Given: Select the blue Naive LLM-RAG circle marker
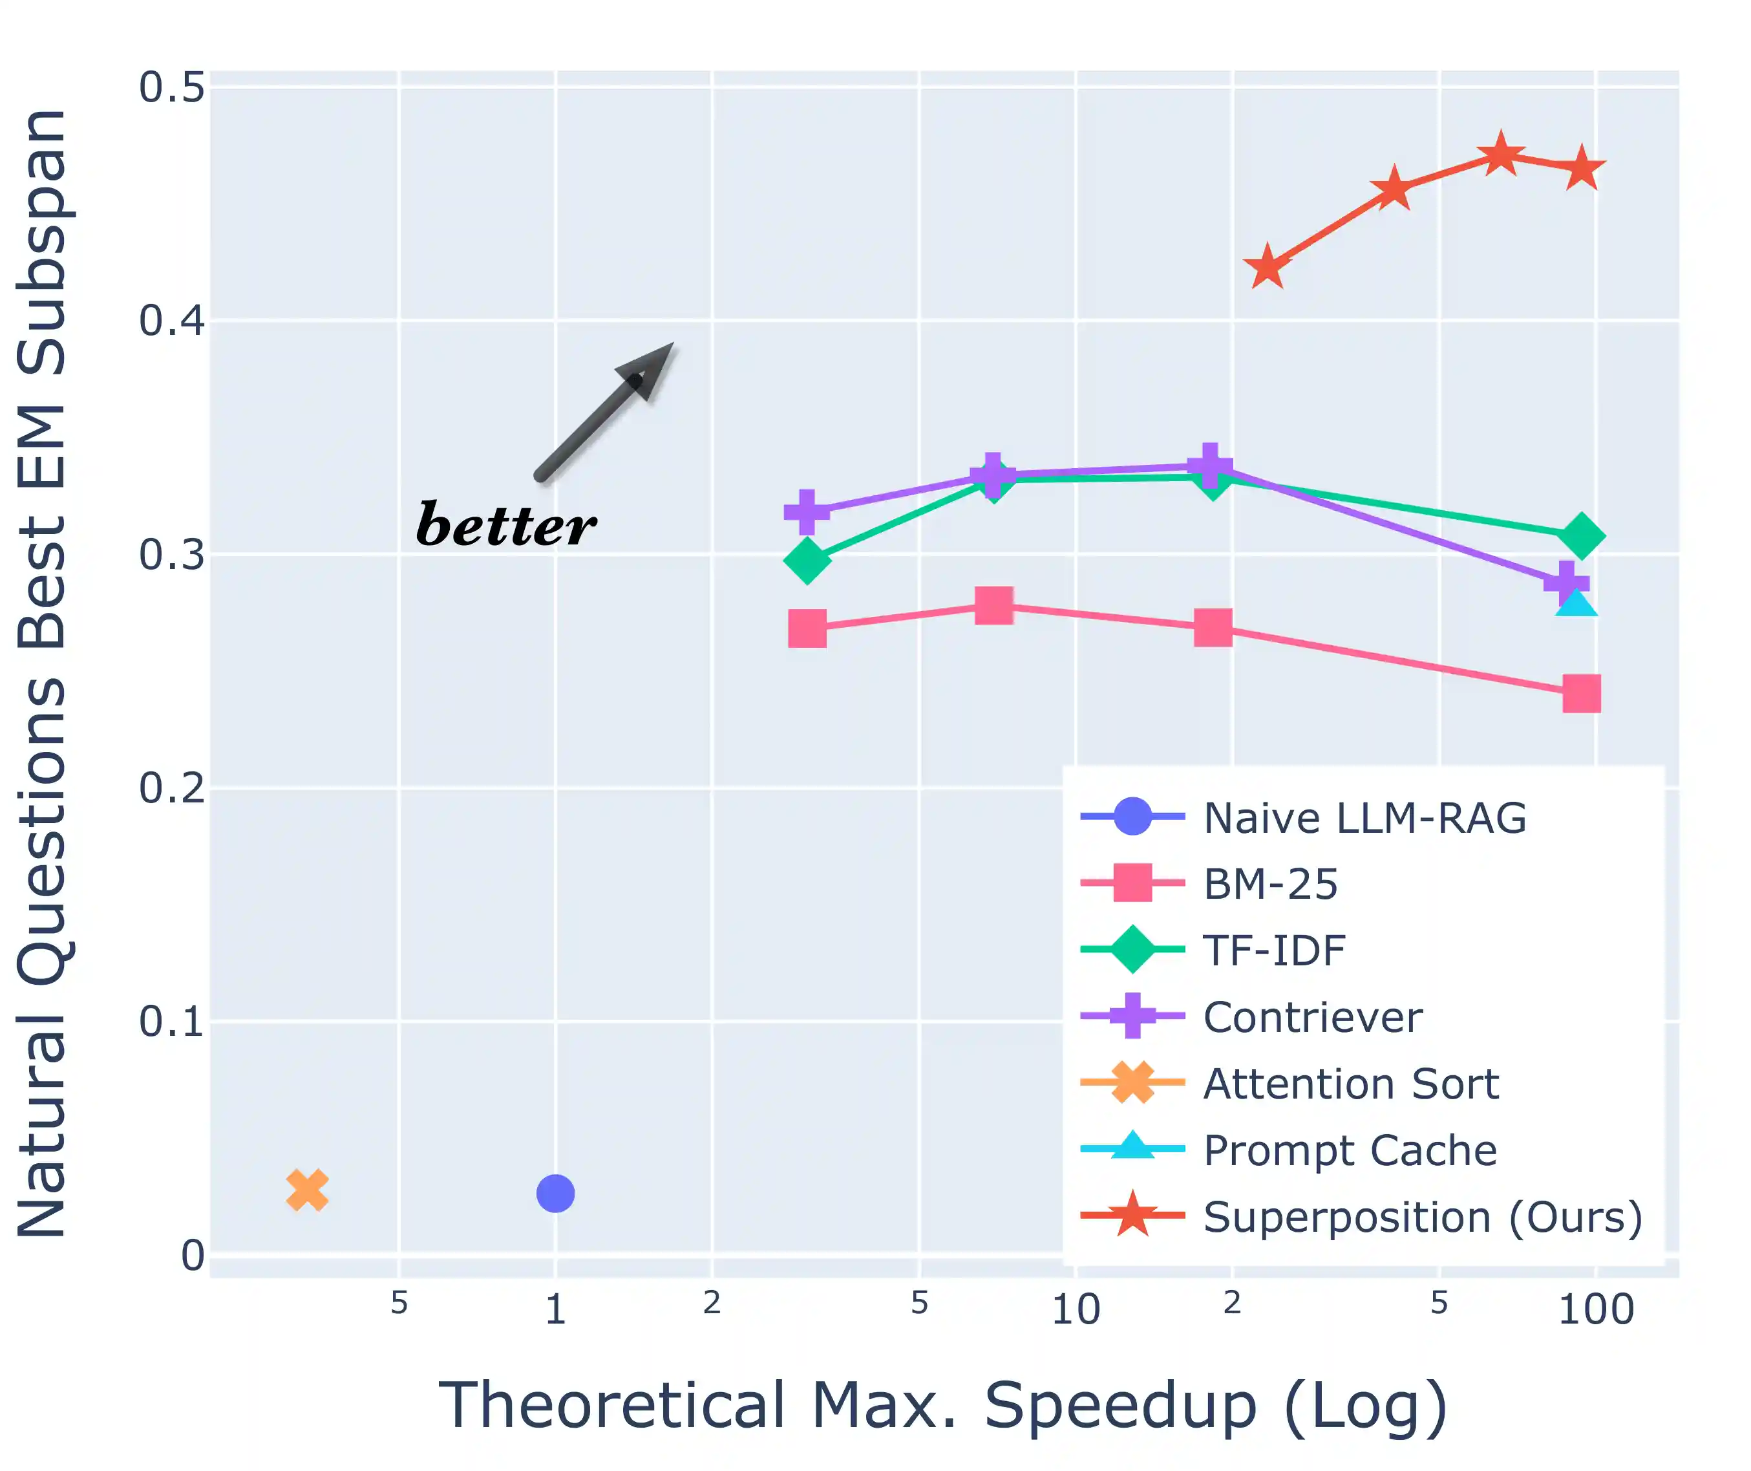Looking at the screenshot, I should click(x=555, y=1194).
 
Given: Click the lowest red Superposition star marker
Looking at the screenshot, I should click(x=1267, y=268).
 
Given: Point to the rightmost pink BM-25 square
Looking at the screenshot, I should click(x=1581, y=694).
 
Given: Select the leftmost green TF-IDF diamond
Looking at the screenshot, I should click(x=807, y=559).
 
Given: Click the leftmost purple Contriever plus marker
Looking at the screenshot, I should click(x=806, y=511).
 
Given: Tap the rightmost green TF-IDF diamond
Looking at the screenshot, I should click(x=1581, y=535).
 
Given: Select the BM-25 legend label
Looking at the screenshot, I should click(x=1270, y=884).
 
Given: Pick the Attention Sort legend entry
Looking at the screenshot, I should click(x=1351, y=1083).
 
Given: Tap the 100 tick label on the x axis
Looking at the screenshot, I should click(x=1595, y=1309).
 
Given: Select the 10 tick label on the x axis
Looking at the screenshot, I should click(x=1076, y=1309).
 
